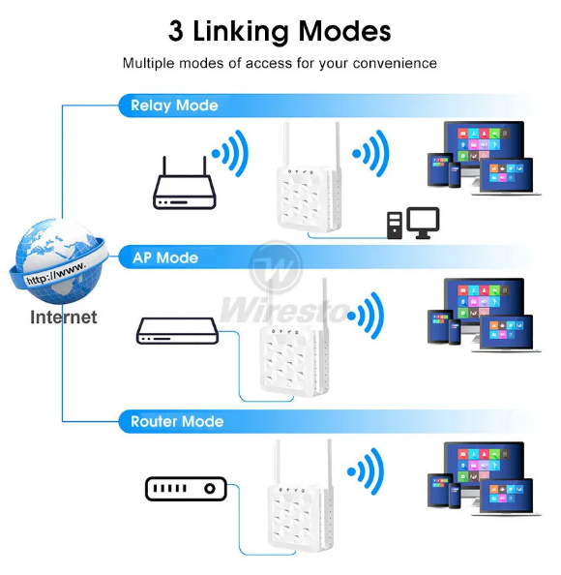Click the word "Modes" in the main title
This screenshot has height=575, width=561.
tap(344, 32)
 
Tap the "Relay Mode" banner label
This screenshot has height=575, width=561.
tap(174, 106)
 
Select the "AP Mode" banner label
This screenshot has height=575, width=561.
tap(165, 257)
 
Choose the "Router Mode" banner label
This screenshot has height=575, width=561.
tap(177, 422)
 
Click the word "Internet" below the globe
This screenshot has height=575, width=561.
tap(64, 318)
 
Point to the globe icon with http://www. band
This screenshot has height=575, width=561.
tap(59, 261)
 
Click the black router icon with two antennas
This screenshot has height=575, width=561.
tap(185, 183)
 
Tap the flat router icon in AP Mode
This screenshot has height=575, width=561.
tap(177, 331)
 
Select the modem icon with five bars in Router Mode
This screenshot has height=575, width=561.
tap(186, 489)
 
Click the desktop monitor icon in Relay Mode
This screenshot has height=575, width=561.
tap(423, 223)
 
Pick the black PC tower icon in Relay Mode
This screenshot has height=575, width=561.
tap(395, 226)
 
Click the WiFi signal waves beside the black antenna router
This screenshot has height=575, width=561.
tap(231, 154)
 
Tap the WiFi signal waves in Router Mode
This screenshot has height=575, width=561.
tap(366, 471)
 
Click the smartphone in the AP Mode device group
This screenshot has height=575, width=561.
tap(455, 332)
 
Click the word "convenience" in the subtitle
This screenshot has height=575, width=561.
tap(395, 64)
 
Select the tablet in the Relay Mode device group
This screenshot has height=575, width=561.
tap(440, 169)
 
